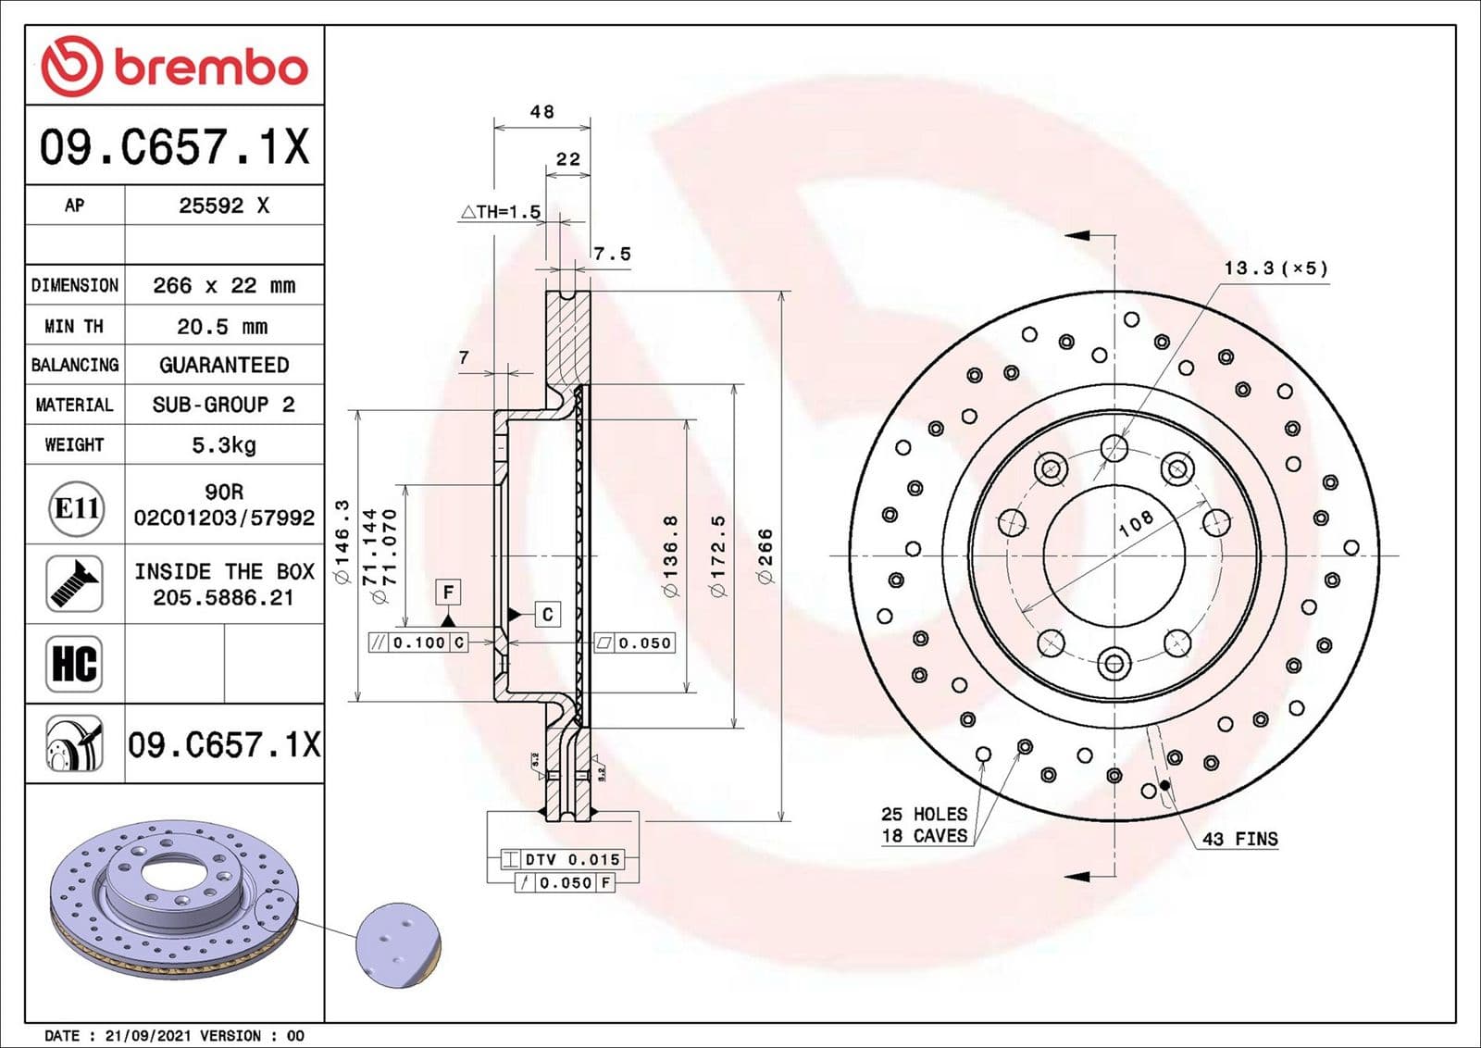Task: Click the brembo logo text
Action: [x=210, y=69]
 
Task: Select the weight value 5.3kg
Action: [x=223, y=445]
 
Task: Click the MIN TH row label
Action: [x=74, y=326]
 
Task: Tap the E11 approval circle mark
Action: [x=76, y=508]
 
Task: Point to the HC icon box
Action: [x=74, y=664]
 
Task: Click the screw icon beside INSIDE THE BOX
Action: [x=74, y=583]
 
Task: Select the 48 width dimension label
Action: [x=541, y=112]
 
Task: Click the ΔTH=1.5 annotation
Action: [x=501, y=212]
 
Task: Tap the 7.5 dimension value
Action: [x=612, y=254]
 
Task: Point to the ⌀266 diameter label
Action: [x=765, y=555]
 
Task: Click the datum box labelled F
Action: [x=448, y=592]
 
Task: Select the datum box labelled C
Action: [x=547, y=614]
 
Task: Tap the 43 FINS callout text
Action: [x=1239, y=839]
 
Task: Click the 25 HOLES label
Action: [x=924, y=814]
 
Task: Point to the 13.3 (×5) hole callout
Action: [x=1276, y=268]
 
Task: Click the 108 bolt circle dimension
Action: [x=1136, y=523]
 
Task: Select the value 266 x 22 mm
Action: [x=223, y=285]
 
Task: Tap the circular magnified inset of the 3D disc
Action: [x=399, y=945]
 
